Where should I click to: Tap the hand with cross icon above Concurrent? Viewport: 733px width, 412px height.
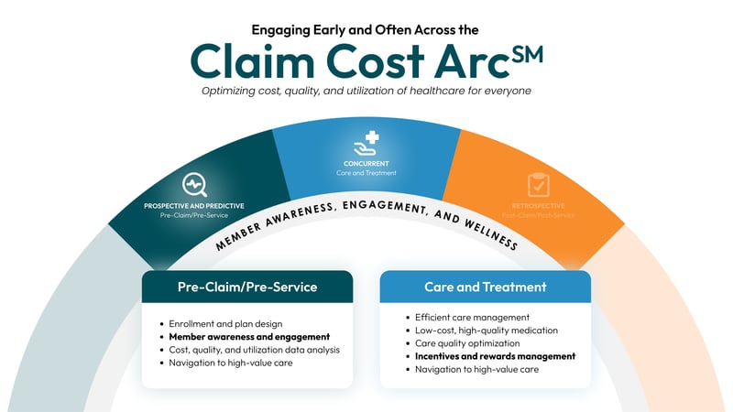(366, 145)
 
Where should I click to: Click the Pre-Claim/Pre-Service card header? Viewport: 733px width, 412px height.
(247, 287)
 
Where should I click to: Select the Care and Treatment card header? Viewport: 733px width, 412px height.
(485, 287)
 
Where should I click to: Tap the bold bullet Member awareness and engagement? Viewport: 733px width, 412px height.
(249, 337)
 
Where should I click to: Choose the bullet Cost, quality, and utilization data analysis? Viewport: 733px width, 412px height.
(255, 350)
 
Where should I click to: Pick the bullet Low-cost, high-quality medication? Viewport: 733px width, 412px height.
(486, 330)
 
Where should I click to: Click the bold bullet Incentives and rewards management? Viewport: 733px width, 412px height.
(495, 356)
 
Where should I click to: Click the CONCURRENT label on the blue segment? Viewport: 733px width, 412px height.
(366, 164)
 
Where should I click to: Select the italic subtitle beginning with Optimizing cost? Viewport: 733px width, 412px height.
(366, 90)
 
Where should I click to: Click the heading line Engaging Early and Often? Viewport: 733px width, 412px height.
(366, 28)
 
